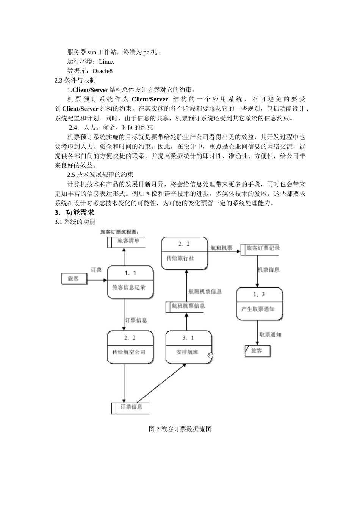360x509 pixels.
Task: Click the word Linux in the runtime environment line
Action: coord(106,62)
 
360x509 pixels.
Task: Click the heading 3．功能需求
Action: coord(74,212)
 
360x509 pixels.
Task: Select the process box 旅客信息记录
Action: coord(130,282)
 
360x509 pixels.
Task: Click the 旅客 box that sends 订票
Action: coord(74,279)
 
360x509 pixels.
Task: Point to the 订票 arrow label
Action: coord(96,270)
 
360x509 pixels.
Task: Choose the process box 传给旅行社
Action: coord(185,253)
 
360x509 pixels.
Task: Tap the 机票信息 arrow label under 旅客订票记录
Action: coord(268,270)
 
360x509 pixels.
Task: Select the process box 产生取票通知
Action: coord(260,304)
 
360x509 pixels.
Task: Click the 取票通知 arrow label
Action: coord(270,335)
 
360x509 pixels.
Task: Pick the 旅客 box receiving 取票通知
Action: coord(258,351)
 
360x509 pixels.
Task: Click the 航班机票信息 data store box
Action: coord(185,306)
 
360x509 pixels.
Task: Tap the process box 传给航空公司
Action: coord(130,347)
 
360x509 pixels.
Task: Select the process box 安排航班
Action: coord(188,347)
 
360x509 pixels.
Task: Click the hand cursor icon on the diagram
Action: coord(210,355)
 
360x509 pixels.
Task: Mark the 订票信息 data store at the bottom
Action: coord(130,408)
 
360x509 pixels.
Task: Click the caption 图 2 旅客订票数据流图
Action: coord(180,429)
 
